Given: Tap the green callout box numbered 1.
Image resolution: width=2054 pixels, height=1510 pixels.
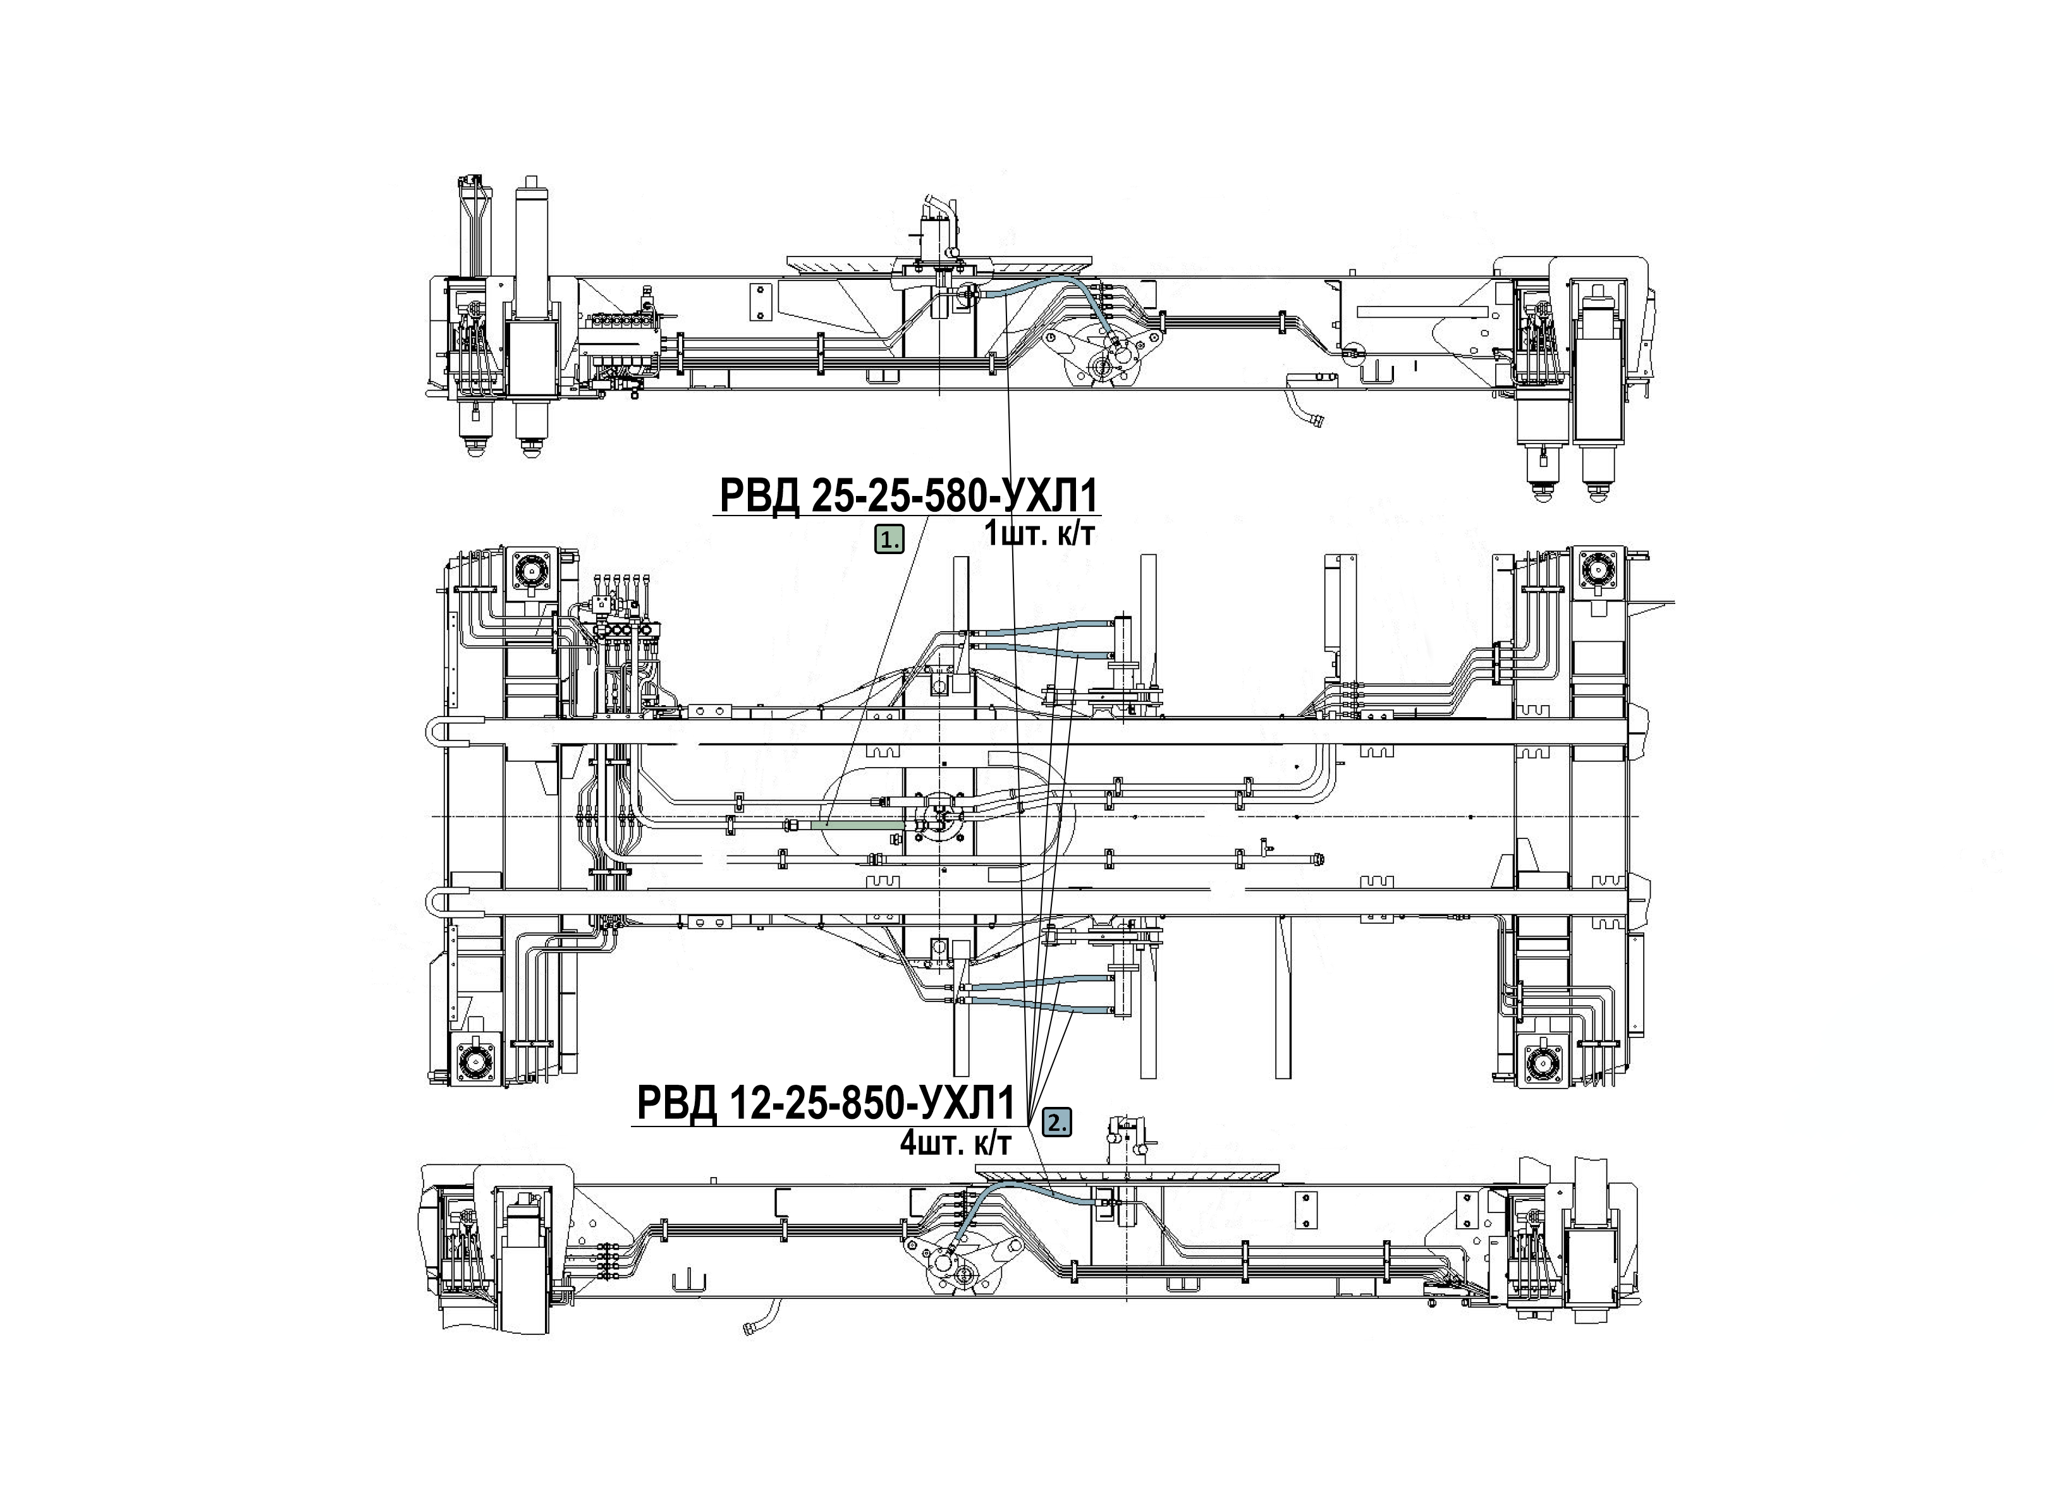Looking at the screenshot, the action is (x=889, y=540).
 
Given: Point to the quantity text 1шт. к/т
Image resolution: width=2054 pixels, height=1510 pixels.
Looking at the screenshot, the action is (x=1038, y=534).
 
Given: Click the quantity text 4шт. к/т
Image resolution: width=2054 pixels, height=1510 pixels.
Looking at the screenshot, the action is (x=956, y=1142).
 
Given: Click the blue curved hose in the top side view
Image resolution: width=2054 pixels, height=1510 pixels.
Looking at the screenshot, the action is (x=1042, y=297).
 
